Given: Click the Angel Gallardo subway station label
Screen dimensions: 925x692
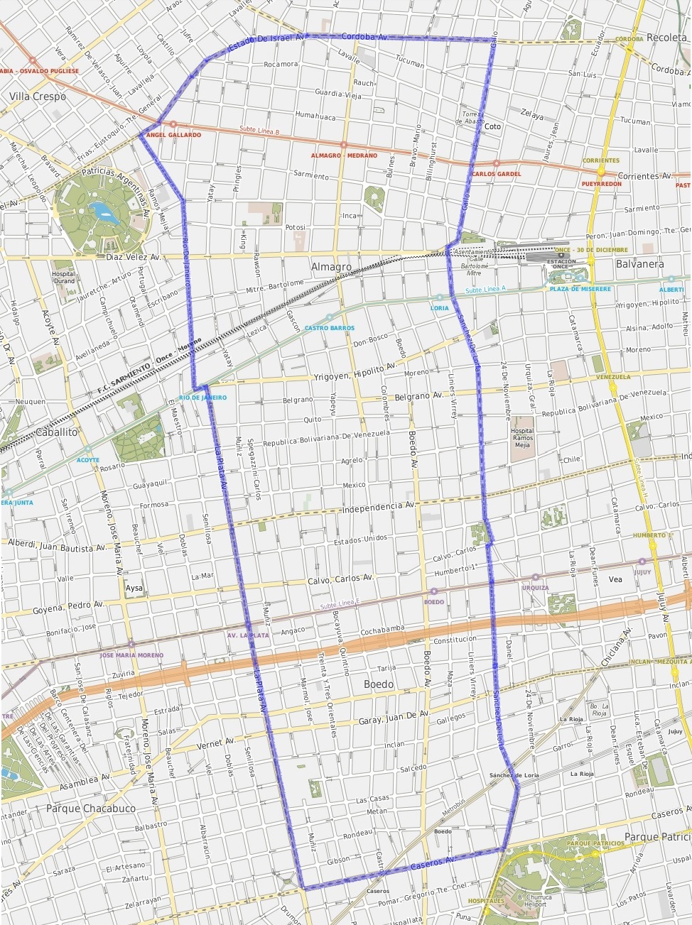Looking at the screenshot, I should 173,135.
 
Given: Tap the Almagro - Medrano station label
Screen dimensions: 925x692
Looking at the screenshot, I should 344,155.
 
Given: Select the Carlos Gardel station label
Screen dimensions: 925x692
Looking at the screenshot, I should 496,174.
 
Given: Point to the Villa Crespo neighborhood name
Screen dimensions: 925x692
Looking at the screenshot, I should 38,97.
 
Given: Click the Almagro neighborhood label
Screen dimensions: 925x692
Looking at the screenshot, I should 331,267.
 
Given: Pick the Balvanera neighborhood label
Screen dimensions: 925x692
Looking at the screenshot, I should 639,264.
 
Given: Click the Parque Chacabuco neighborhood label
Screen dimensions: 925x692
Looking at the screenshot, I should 90,809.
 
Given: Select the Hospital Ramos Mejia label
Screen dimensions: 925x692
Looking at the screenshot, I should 522,438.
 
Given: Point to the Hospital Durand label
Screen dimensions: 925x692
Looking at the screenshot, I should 63,277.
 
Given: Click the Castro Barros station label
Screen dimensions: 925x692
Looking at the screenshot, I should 329,328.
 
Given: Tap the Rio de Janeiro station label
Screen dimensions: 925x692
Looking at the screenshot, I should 202,398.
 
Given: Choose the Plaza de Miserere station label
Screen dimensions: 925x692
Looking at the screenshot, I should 580,289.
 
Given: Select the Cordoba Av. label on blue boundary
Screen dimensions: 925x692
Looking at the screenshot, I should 364,36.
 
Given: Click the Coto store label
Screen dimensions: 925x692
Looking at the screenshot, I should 492,127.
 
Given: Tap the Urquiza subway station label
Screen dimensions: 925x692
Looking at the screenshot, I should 535,588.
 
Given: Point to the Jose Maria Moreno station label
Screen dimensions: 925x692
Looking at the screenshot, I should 131,655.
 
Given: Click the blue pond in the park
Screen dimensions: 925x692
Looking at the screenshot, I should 102,210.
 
